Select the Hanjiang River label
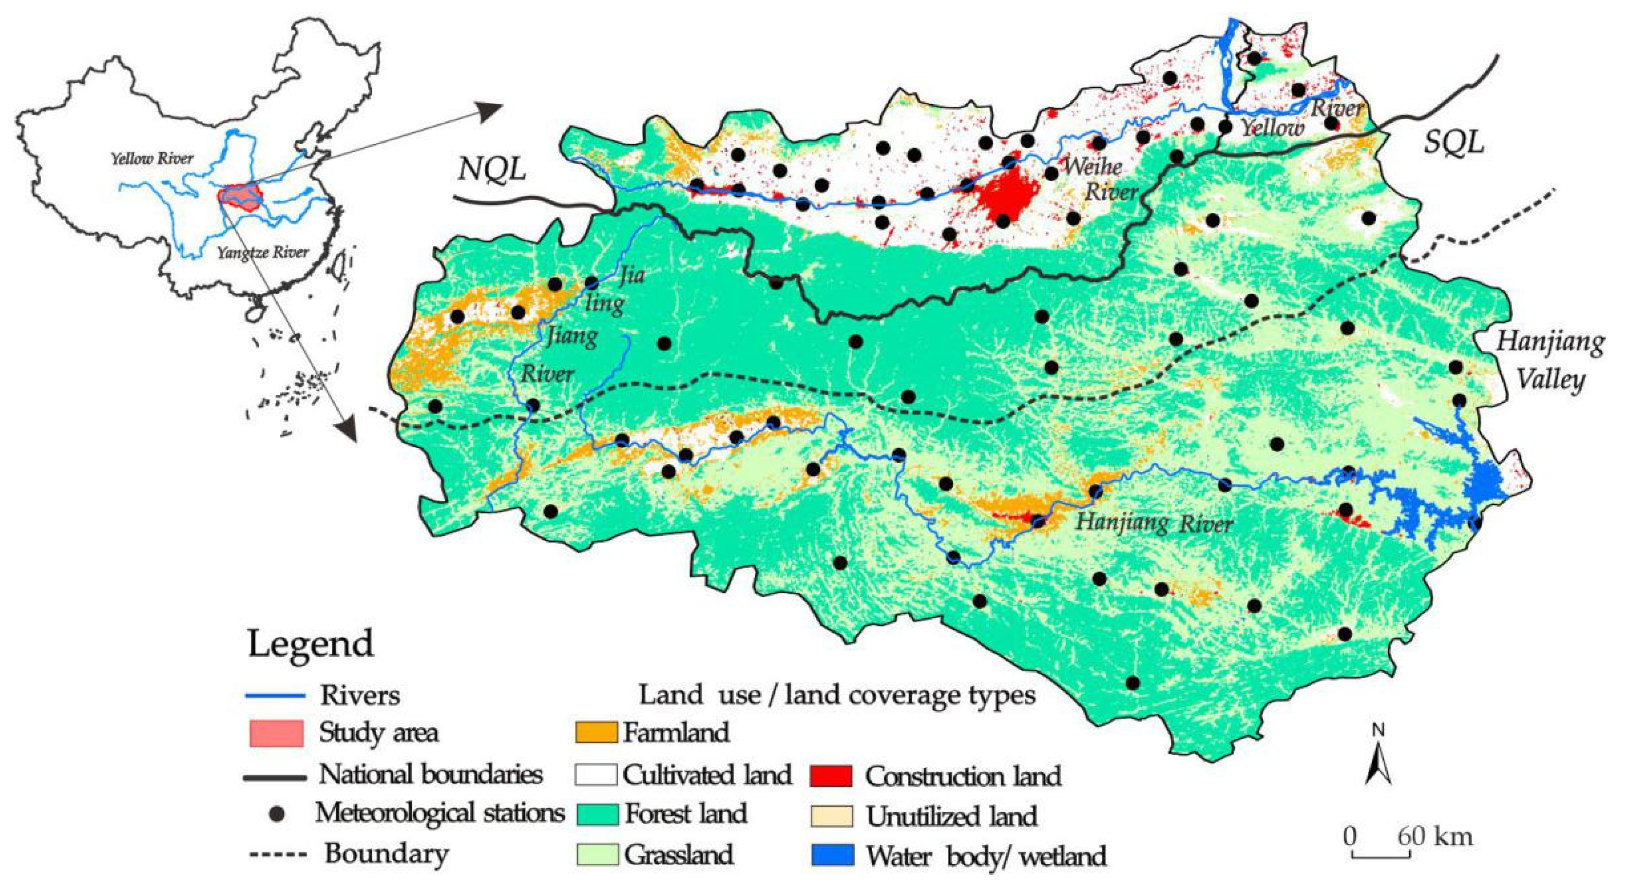(x=1153, y=523)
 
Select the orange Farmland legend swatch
(x=595, y=732)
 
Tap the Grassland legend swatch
(x=595, y=854)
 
